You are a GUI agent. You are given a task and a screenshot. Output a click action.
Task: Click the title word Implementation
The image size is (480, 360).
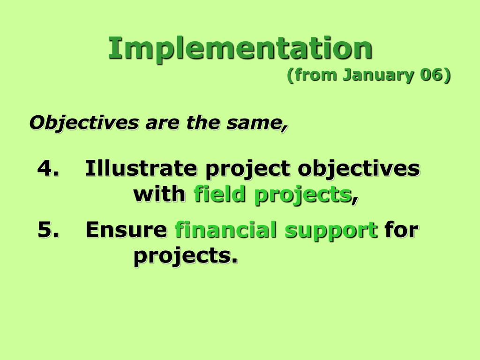[240, 49]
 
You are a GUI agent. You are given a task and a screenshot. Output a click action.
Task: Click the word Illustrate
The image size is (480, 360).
[141, 168]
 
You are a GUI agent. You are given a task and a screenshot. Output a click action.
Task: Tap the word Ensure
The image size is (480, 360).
[126, 230]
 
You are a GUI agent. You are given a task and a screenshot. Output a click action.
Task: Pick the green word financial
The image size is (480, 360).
[225, 229]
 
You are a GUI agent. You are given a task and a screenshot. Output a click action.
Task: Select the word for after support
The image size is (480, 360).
[401, 229]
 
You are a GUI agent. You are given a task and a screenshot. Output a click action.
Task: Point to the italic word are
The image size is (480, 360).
[162, 123]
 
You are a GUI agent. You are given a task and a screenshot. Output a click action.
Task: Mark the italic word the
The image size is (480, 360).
[202, 122]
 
